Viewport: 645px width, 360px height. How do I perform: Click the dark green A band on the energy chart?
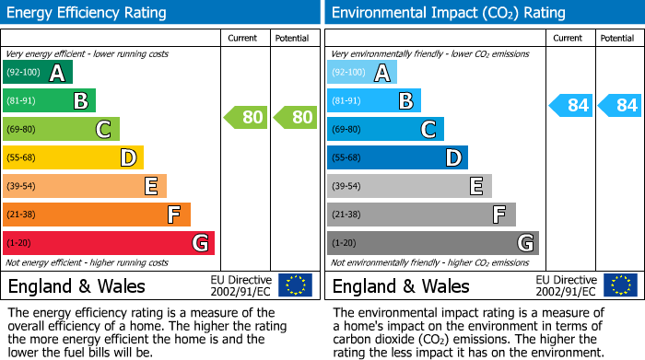[38, 73]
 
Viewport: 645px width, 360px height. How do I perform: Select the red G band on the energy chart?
[109, 243]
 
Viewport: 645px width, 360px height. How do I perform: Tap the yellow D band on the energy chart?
[73, 158]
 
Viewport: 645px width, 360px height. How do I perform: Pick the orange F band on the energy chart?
[97, 215]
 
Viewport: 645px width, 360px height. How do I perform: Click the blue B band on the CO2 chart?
[373, 101]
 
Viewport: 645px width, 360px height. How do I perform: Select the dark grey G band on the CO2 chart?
[432, 243]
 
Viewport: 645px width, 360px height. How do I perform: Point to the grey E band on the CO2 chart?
[409, 187]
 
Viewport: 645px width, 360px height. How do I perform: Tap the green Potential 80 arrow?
[295, 117]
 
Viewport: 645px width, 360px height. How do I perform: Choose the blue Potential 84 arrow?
[620, 105]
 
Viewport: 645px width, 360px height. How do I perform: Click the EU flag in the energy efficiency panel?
[295, 285]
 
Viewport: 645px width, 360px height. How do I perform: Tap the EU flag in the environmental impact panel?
[619, 285]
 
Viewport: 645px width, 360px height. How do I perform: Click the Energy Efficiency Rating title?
[87, 13]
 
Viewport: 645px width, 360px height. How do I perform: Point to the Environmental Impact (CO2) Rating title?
[448, 13]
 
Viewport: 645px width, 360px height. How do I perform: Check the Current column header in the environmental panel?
[569, 38]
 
